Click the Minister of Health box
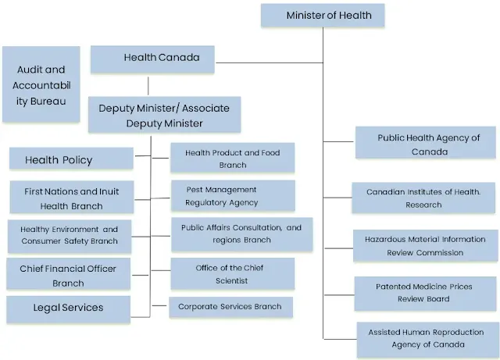click(x=328, y=16)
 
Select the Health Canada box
click(x=152, y=59)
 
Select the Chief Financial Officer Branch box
click(x=68, y=275)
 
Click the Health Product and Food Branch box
click(x=232, y=158)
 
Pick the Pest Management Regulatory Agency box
click(x=232, y=196)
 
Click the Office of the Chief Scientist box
click(x=233, y=274)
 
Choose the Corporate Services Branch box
click(x=230, y=307)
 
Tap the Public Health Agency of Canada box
click(x=428, y=144)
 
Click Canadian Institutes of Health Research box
click(x=423, y=198)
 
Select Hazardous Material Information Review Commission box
click(x=424, y=246)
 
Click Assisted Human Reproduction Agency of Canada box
click(x=427, y=338)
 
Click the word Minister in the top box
click(x=308, y=16)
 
